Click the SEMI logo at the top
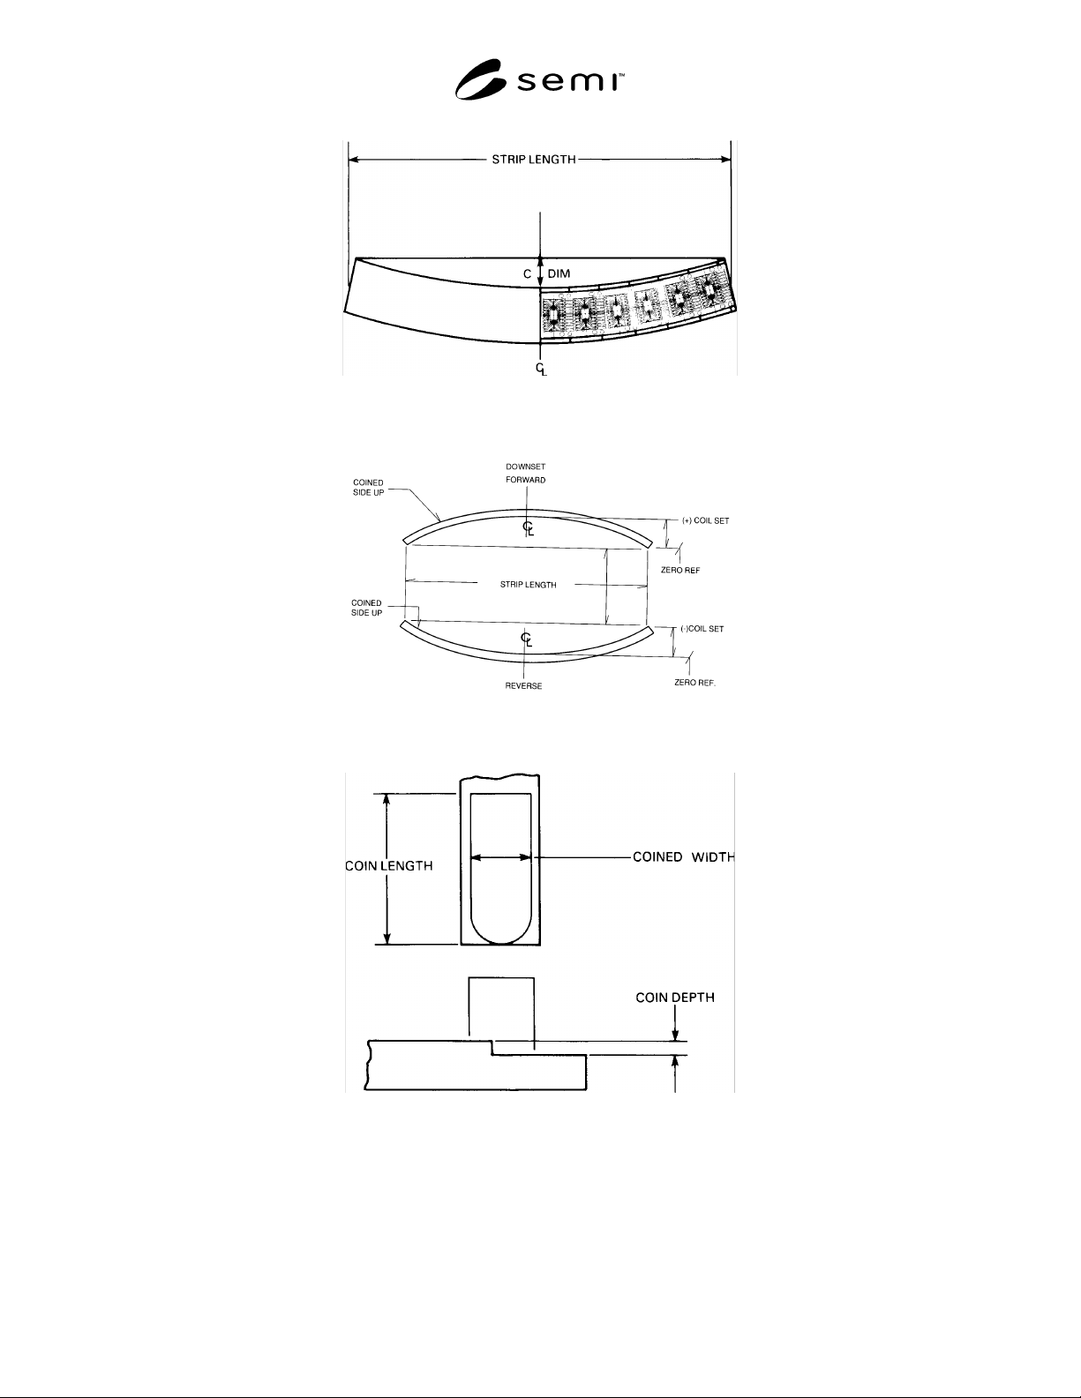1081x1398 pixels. [x=539, y=79]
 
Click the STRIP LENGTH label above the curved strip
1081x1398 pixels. [x=533, y=160]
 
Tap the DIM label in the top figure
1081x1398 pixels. [x=559, y=274]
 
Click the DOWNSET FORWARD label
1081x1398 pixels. [x=526, y=474]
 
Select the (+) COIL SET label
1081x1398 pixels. [x=705, y=520]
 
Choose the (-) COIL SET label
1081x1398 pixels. [x=702, y=629]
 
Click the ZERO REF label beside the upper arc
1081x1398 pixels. [x=680, y=570]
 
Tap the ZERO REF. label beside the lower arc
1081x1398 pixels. [x=695, y=682]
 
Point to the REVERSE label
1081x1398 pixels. [x=523, y=686]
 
